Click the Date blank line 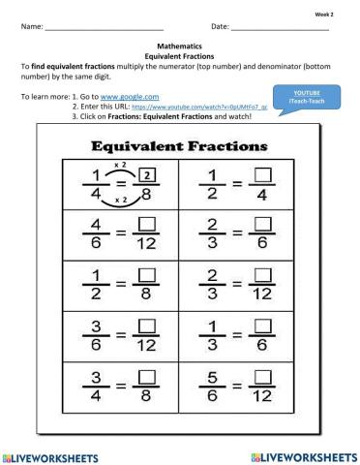pyautogui.click(x=281, y=28)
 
